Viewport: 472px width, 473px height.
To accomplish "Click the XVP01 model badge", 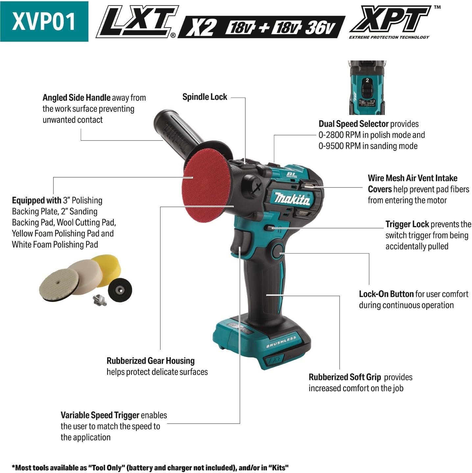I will [x=44, y=21].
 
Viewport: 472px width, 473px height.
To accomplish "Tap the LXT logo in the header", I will [x=137, y=22].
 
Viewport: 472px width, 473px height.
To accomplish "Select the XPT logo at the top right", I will [x=390, y=20].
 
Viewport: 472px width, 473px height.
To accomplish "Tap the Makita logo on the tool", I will [x=293, y=199].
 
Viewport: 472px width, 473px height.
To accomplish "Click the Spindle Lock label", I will [x=205, y=97].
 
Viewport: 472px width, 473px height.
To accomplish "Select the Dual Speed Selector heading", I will [x=354, y=124].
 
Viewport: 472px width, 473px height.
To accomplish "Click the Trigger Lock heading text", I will [x=407, y=224].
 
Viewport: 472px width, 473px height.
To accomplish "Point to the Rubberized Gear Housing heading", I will [x=151, y=361].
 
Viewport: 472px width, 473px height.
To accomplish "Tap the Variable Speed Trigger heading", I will [x=100, y=415].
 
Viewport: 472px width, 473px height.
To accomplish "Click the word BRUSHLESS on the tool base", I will [x=281, y=342].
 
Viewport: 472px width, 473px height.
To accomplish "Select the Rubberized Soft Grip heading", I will [x=345, y=377].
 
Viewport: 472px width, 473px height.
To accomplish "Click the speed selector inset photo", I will [x=367, y=87].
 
